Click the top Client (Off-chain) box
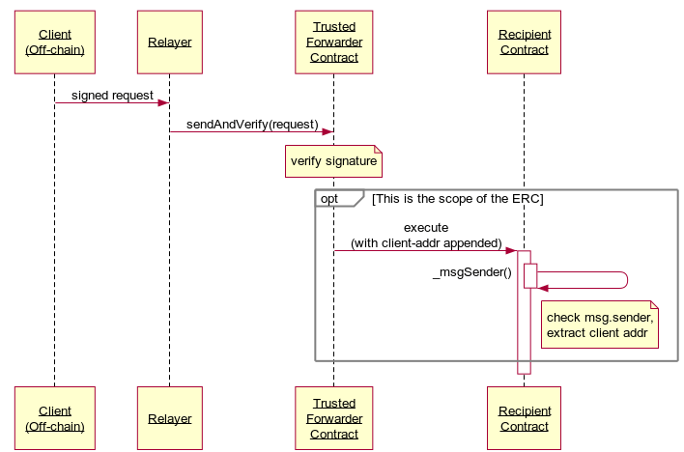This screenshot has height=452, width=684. pos(55,42)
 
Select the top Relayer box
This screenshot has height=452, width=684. pos(170,42)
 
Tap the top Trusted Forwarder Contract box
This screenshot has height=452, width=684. pos(333,42)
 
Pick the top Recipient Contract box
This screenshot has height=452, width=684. pos(524,42)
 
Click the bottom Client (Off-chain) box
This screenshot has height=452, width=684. pos(55,418)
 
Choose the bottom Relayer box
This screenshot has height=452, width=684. pos(170,418)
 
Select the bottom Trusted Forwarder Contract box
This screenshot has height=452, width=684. pos(333,418)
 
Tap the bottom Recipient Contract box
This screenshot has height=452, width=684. pos(524,418)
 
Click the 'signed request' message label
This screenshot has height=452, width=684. pos(112,95)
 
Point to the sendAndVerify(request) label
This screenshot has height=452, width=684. pos(252,125)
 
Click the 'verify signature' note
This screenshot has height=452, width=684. pos(333,161)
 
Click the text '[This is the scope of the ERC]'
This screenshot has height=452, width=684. pos(458,199)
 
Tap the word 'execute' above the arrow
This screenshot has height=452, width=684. pos(426,228)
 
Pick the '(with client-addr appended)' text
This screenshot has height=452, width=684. pos(426,243)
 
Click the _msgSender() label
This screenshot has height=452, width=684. pos(472,272)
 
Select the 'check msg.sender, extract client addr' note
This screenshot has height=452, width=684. pos(600,325)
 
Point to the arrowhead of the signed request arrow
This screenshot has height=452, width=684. pos(163,103)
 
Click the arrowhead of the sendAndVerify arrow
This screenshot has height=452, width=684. pos(328,131)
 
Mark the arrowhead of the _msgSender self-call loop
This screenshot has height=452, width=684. pos(543,289)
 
